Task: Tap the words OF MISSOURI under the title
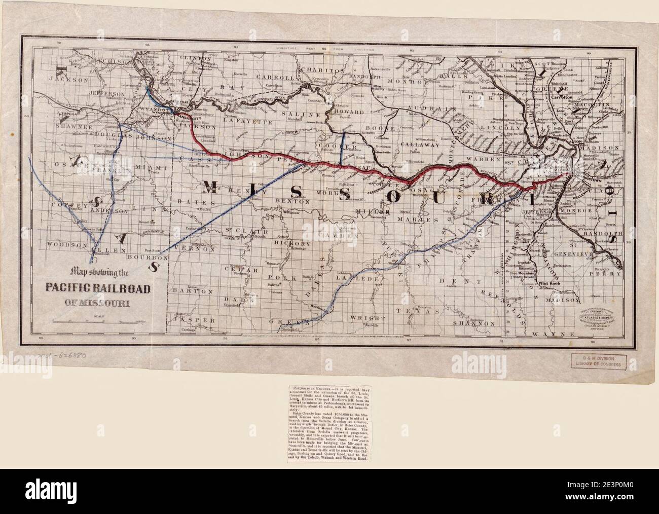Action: click(x=97, y=303)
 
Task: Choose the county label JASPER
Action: click(x=189, y=320)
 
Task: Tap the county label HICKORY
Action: click(x=288, y=243)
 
